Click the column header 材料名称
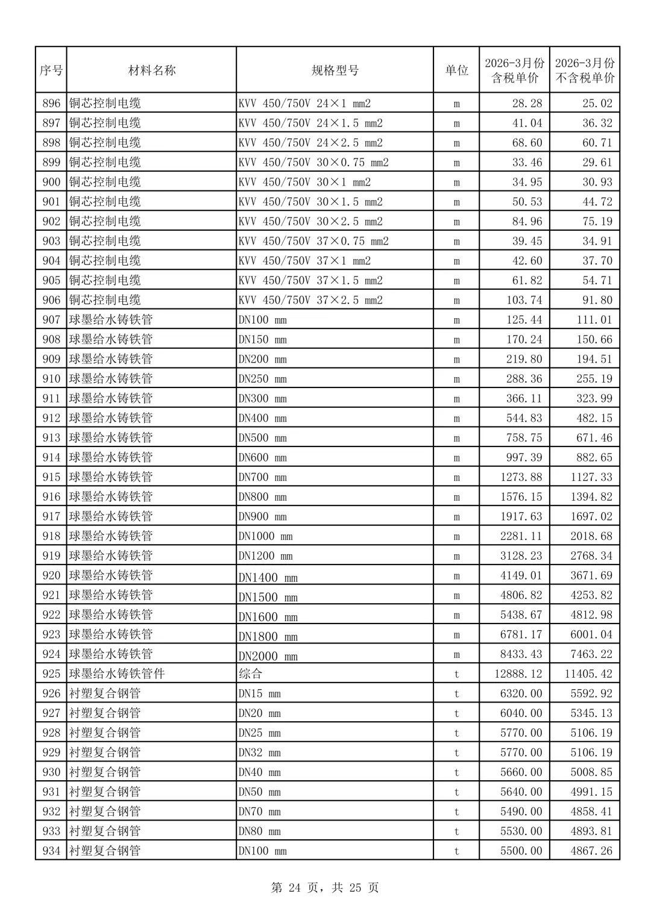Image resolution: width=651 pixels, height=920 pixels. pos(151,70)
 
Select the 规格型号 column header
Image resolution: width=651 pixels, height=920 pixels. pos(335,70)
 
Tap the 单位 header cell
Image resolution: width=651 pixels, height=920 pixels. pos(456,70)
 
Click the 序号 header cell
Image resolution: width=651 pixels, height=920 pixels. pos(51,70)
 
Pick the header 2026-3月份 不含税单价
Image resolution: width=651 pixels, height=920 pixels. pos(584,70)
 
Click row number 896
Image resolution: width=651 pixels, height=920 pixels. pos(51,103)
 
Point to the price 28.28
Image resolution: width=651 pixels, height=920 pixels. pos(527,103)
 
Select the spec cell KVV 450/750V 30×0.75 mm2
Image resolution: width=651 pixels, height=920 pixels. pos(313,162)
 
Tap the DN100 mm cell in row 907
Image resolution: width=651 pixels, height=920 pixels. pos(263,320)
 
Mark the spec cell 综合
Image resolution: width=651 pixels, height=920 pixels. pos(250,674)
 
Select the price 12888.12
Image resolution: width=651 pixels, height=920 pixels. pos(518,674)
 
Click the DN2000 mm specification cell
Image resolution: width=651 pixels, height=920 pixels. pos(268,656)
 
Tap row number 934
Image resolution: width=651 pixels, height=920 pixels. pos(51,851)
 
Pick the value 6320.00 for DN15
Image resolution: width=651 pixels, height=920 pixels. pos(521,693)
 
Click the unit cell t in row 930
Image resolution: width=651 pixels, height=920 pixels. pos(456,772)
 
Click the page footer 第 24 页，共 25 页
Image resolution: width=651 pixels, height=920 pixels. pos(325,887)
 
